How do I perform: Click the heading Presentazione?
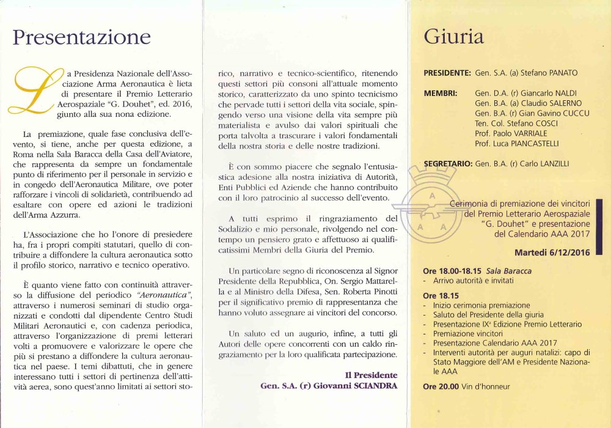click(x=82, y=37)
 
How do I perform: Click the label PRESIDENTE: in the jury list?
click(x=447, y=73)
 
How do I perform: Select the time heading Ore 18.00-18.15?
click(x=452, y=271)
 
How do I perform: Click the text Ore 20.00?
click(x=439, y=386)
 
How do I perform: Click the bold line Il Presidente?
click(x=371, y=375)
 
